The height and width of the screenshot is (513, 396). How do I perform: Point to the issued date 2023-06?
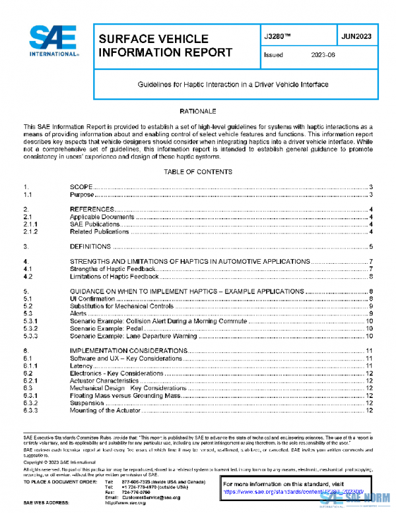pos(323,56)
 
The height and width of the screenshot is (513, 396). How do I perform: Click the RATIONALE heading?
pos(198,111)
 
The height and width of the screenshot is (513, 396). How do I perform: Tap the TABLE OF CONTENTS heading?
pos(198,172)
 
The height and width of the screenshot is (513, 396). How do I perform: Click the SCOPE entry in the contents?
pos(81,188)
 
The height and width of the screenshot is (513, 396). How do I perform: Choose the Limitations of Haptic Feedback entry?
pos(113,276)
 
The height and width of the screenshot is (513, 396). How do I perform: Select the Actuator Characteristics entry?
pos(104,381)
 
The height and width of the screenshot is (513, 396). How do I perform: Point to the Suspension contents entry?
pos(86,403)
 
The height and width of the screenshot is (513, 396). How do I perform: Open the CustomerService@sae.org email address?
pos(152,496)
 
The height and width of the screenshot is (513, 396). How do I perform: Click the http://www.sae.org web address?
pos(125,503)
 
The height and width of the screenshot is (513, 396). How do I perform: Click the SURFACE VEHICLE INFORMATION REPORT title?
pos(165,45)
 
